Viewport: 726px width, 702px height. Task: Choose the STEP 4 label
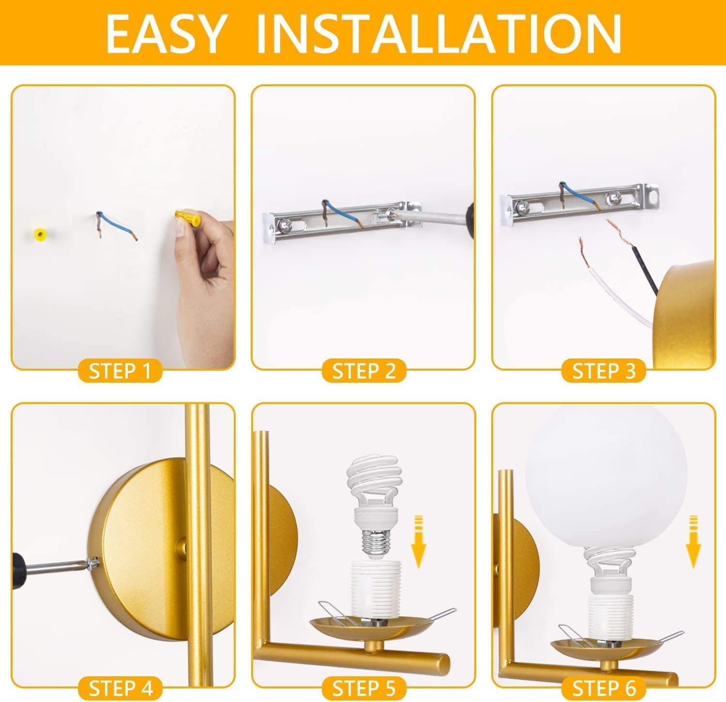(120, 687)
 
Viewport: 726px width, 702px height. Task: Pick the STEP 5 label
(363, 687)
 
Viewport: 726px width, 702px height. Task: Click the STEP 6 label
(604, 687)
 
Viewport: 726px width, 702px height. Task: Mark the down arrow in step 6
(694, 540)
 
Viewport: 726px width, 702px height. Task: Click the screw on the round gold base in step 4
(92, 563)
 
